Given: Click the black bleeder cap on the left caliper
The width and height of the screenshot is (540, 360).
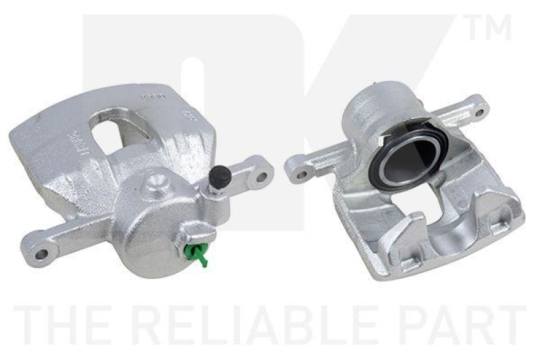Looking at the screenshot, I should pyautogui.click(x=218, y=177).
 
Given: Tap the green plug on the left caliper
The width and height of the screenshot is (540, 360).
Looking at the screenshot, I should pyautogui.click(x=196, y=253).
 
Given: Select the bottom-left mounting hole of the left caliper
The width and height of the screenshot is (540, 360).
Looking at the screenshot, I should pyautogui.click(x=42, y=254).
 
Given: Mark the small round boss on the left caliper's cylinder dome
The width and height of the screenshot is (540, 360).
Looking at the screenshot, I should pyautogui.click(x=157, y=180).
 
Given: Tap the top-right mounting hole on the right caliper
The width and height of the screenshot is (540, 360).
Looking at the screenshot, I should pyautogui.click(x=479, y=111).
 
